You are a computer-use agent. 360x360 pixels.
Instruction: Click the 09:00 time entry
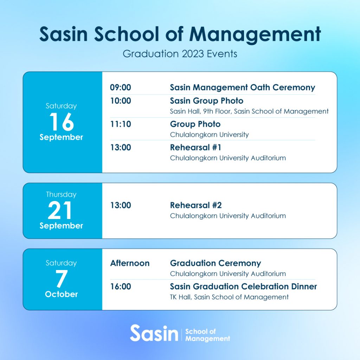[x=121, y=88]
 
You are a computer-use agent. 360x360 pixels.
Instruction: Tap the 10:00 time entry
[x=121, y=101]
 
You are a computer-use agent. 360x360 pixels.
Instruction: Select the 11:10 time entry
[x=121, y=124]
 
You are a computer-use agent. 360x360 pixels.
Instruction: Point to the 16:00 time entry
[x=121, y=287]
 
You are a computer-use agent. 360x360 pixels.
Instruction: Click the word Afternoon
[x=130, y=263]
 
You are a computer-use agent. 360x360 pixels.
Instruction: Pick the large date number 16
[x=62, y=122]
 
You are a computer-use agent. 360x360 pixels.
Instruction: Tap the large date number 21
[x=60, y=210]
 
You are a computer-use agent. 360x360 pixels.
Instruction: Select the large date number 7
[x=62, y=278]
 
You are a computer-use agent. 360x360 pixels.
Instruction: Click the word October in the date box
[x=61, y=294]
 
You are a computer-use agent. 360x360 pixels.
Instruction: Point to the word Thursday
[x=61, y=194]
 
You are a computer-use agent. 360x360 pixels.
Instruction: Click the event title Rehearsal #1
[x=195, y=148]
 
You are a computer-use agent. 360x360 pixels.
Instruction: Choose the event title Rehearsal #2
[x=196, y=205]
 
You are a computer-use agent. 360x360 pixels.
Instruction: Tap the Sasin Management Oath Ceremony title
[x=243, y=88]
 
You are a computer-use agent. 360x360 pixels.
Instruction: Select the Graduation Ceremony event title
[x=216, y=263]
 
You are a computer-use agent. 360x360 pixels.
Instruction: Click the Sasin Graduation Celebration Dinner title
[x=243, y=287]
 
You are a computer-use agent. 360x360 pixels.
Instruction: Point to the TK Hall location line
[x=229, y=297]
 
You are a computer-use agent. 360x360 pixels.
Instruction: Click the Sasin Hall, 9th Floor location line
[x=249, y=111]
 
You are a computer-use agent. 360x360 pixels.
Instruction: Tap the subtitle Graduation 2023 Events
[x=180, y=54]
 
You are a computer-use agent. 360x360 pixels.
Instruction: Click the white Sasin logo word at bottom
[x=154, y=333]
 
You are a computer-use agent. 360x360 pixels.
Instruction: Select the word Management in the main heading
[x=255, y=34]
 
